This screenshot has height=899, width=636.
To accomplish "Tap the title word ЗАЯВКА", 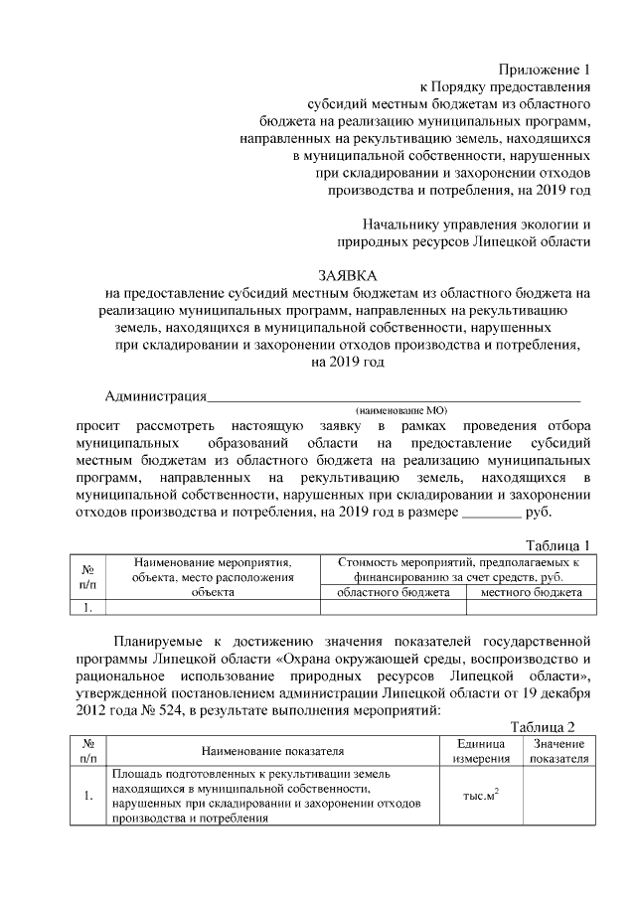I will [x=348, y=274].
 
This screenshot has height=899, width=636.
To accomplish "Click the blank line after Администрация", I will [x=393, y=398].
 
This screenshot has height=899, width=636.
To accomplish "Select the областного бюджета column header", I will [x=394, y=592].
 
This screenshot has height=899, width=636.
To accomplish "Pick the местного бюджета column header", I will [x=532, y=592].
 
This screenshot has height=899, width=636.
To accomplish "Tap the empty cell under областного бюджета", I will [x=394, y=607].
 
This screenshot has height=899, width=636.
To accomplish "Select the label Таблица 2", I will [x=543, y=727].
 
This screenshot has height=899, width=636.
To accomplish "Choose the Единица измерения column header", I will [x=481, y=751].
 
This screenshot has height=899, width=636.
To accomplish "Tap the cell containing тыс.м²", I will [x=481, y=796].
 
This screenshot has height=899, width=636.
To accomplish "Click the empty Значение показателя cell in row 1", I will [x=558, y=796].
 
